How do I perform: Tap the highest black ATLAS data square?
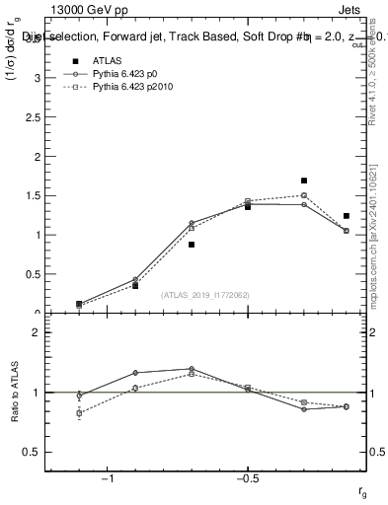pos(304,180)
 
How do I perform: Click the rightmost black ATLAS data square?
pos(347,216)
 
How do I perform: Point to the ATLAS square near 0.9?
pos(192,245)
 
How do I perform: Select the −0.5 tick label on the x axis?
pos(247,477)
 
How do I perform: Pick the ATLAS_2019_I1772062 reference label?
pos(205,295)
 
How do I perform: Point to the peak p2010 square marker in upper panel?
pos(304,195)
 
